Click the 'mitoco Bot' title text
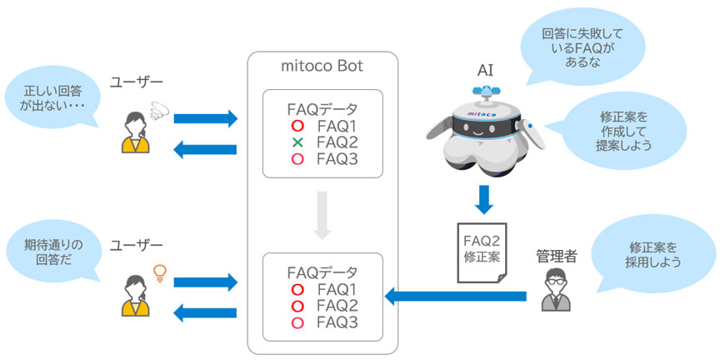tap(322, 65)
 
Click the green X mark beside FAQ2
tap(297, 142)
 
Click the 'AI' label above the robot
tap(485, 71)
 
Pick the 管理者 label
tap(556, 257)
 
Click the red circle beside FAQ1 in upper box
tap(297, 126)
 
